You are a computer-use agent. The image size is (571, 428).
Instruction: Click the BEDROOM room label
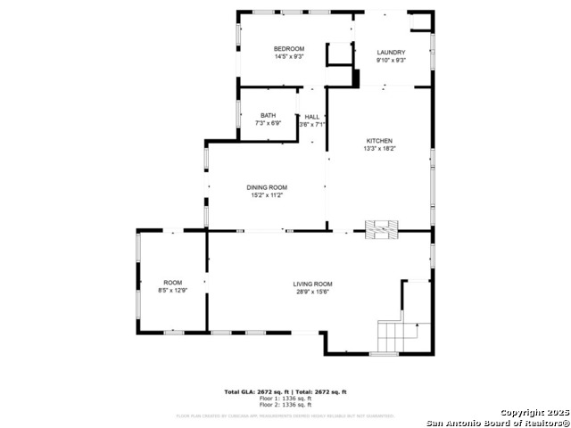click(x=289, y=48)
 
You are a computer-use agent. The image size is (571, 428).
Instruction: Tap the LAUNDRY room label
click(x=391, y=52)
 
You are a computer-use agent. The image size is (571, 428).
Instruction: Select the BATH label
click(x=268, y=116)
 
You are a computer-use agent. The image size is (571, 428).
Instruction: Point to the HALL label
click(x=311, y=117)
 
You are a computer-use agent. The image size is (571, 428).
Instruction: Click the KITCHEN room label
click(x=379, y=141)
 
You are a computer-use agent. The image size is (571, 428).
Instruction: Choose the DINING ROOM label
click(x=268, y=187)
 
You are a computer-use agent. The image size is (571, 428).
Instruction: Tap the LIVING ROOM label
click(x=313, y=284)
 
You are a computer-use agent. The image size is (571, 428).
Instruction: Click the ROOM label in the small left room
click(x=172, y=283)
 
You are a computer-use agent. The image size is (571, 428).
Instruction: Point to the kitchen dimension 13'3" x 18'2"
click(x=379, y=149)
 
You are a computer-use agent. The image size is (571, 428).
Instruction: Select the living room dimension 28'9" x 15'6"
click(x=313, y=292)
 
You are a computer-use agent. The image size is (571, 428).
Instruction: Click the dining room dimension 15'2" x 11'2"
click(x=268, y=195)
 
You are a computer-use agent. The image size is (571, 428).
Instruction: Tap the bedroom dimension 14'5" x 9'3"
click(x=289, y=56)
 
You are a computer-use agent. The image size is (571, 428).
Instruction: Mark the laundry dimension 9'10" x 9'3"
click(x=391, y=60)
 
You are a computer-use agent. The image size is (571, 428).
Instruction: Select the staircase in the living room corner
click(x=399, y=337)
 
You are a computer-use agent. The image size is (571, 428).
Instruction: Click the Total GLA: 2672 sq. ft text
click(x=252, y=391)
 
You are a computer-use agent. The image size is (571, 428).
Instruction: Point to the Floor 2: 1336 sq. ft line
click(x=285, y=405)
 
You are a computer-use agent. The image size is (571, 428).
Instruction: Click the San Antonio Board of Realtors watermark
click(x=498, y=422)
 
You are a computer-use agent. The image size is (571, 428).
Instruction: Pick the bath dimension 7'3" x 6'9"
click(x=268, y=124)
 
